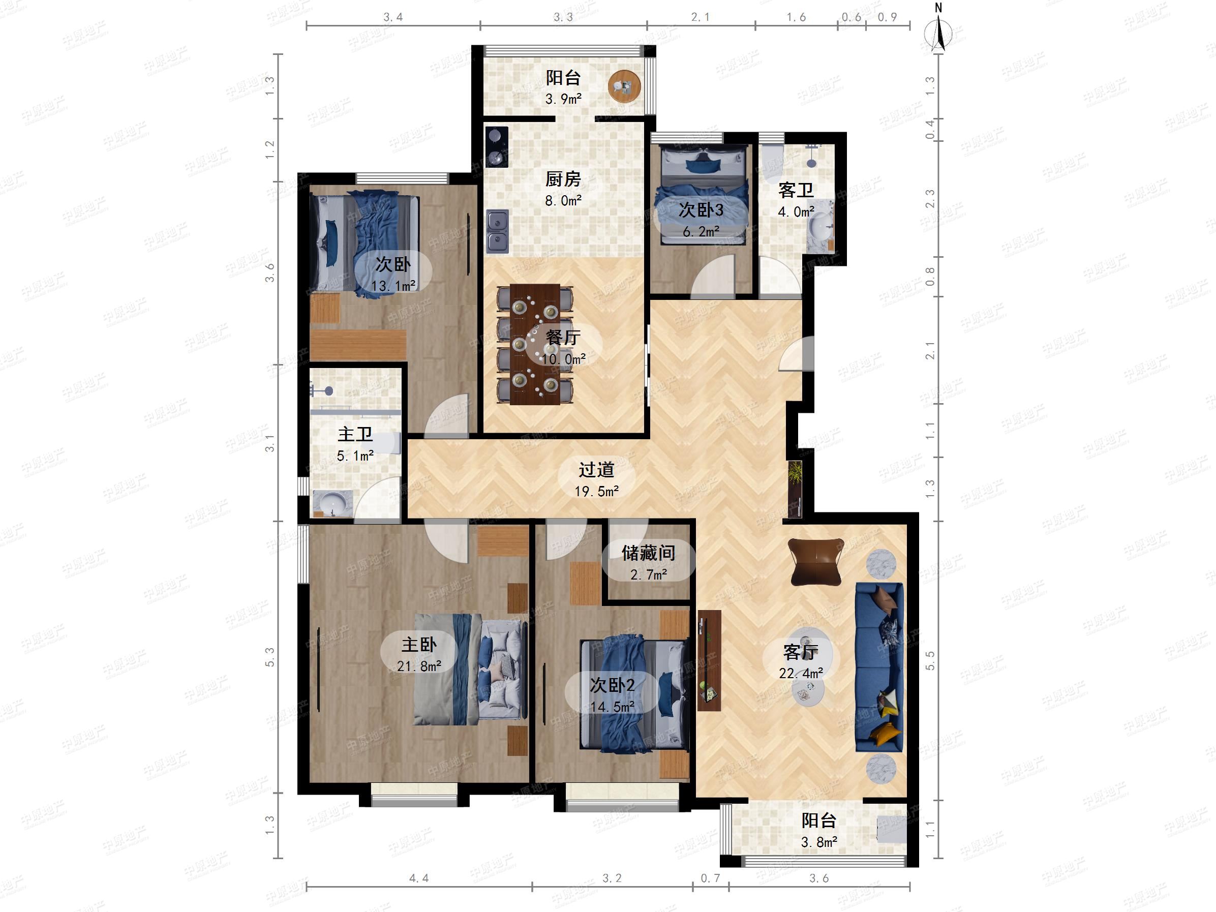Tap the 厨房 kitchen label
tap(563, 179)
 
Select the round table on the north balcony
tap(624, 86)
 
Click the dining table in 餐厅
tap(535, 344)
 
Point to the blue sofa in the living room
tap(879, 667)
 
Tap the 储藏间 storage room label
tap(648, 553)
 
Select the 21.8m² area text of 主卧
tap(419, 666)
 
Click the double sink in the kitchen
tap(498, 231)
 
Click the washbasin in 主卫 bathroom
tap(331, 503)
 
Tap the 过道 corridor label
tap(596, 470)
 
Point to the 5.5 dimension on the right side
tap(930, 660)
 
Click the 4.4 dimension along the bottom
tap(419, 878)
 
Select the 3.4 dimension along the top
tap(393, 17)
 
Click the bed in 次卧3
tap(704, 194)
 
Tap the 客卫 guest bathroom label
tap(796, 190)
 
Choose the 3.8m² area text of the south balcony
tap(819, 842)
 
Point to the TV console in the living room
tap(709, 660)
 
